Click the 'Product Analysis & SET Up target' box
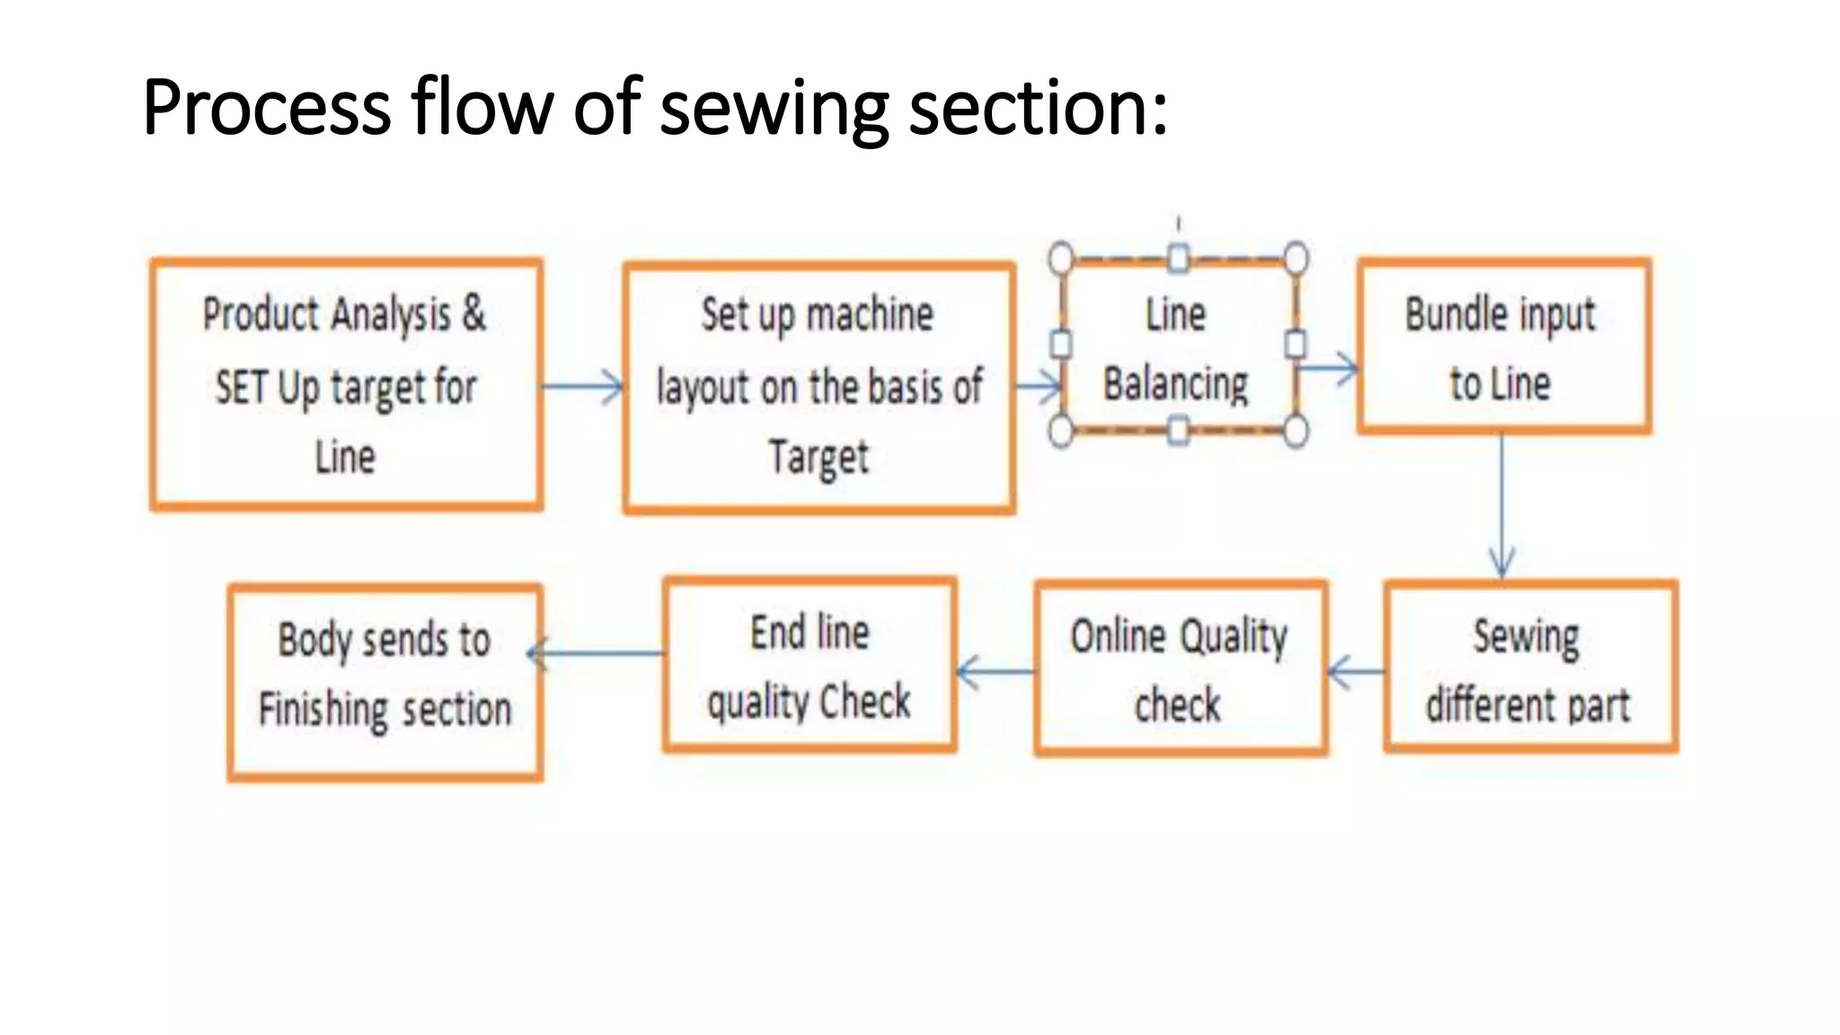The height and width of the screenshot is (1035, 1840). pos(346,385)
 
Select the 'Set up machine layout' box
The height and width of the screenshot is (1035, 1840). pos(819,388)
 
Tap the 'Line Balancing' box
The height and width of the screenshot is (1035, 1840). pos(1178,346)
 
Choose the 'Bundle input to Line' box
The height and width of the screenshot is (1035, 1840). pos(1504,346)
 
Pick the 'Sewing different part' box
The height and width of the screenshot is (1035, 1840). pos(1531,667)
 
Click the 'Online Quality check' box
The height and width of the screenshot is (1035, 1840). pos(1181,668)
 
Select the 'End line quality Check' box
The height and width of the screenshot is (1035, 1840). pos(809,664)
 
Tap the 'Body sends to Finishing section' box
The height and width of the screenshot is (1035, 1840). pos(385,682)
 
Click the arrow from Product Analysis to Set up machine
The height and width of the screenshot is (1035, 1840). pos(582,387)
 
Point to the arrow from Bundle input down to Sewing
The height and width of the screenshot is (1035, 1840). pos(1501,506)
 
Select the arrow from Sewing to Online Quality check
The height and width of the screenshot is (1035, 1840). pos(1356,672)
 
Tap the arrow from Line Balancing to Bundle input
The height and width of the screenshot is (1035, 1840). pos(1328,368)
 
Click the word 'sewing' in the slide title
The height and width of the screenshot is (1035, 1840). pos(774,109)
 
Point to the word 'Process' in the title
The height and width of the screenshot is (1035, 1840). pos(267,107)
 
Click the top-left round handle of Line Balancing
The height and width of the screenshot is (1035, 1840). pos(1061,258)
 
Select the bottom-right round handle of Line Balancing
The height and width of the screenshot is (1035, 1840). pos(1296,432)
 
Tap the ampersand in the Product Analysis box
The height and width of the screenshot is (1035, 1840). pos(473,313)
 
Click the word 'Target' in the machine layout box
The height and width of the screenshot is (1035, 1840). pos(818,458)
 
